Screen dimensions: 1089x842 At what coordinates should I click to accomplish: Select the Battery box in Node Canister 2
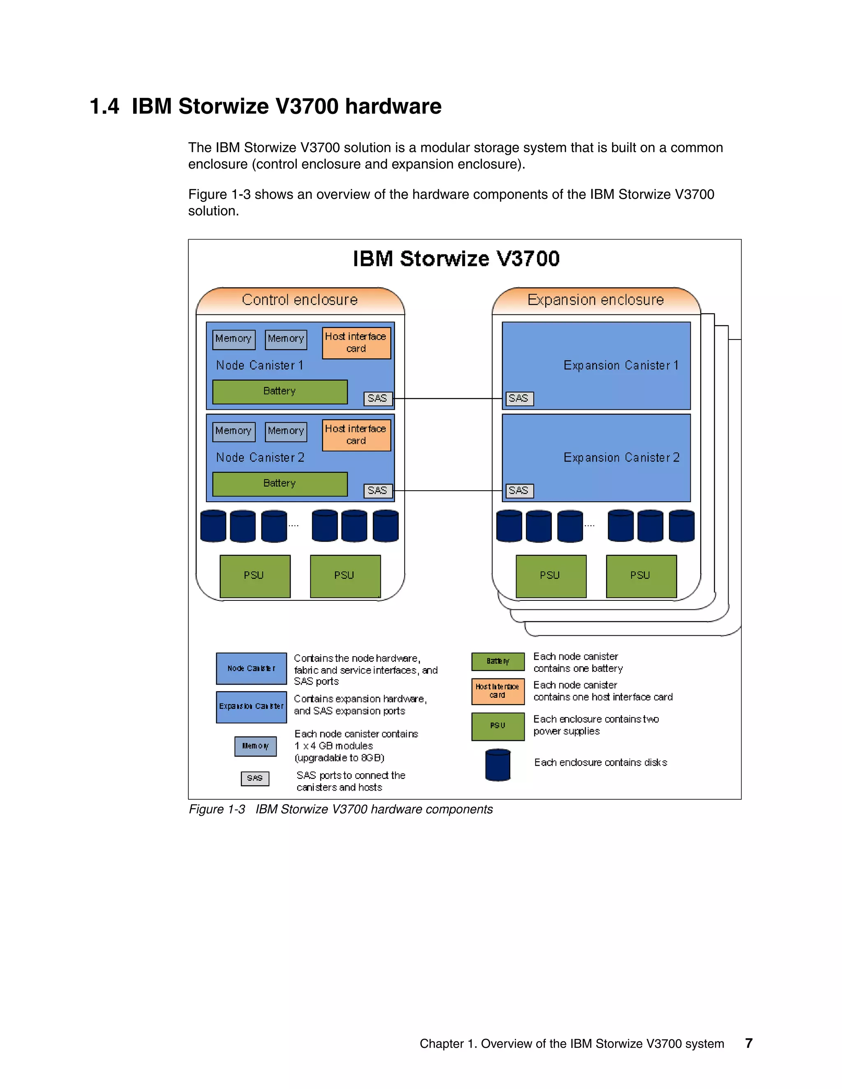(280, 484)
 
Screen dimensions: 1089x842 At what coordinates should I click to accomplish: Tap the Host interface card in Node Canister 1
(356, 343)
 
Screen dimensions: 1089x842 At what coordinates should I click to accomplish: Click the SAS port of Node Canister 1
(377, 398)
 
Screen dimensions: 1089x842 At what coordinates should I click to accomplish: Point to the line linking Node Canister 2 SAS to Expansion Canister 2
(448, 491)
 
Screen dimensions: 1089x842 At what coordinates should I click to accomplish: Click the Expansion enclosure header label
(596, 300)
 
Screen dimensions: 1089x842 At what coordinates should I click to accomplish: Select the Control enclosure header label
(300, 300)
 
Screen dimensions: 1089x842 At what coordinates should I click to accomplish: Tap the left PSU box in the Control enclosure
(255, 576)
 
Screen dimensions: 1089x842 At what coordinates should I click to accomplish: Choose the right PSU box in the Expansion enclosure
(641, 576)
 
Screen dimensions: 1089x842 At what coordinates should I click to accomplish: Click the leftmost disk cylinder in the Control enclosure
(213, 526)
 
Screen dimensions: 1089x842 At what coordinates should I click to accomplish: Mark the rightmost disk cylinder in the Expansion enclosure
(681, 526)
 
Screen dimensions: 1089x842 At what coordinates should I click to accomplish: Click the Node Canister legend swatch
(251, 668)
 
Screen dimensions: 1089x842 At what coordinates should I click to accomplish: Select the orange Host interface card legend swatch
(498, 691)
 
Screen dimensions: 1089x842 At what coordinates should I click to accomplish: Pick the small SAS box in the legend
(255, 778)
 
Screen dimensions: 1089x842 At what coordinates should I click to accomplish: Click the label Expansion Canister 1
(621, 365)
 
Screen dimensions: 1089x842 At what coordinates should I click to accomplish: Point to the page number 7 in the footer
(749, 1043)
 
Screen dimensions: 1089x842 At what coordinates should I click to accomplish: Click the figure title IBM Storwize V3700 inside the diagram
(456, 259)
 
